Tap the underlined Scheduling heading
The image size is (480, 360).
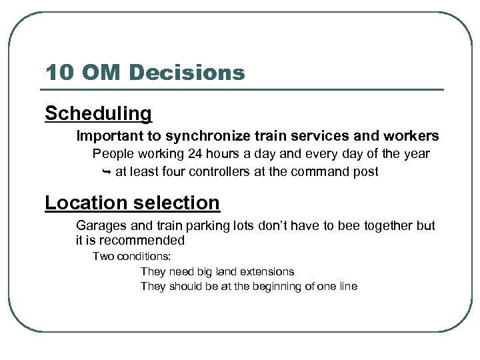(x=98, y=114)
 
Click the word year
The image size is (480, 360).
(x=416, y=154)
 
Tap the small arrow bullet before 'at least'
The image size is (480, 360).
(x=106, y=172)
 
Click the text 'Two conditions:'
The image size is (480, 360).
(x=131, y=256)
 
